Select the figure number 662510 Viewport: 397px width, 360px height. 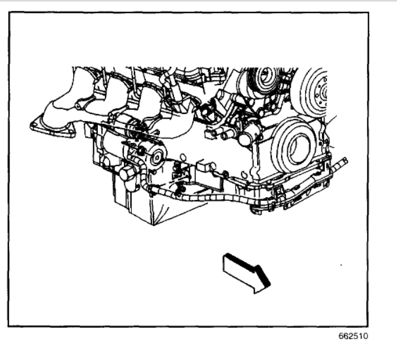click(x=356, y=338)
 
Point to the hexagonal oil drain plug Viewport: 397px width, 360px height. click(x=126, y=175)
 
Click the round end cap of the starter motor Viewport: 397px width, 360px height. click(x=158, y=157)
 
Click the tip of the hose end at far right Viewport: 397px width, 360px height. click(x=345, y=161)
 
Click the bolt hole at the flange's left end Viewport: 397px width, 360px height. click(x=36, y=125)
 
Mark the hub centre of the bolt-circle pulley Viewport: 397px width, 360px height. click(x=321, y=93)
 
